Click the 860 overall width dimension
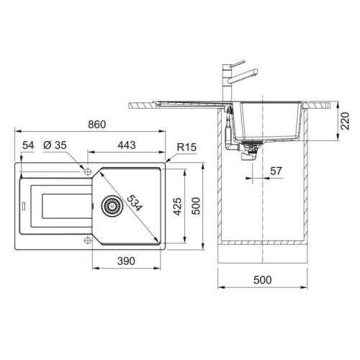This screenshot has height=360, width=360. click(96, 125)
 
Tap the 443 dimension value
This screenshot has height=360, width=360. click(127, 145)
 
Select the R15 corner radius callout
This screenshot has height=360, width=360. click(186, 147)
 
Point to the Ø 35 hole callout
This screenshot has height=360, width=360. click(55, 145)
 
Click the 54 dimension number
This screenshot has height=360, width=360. click(28, 145)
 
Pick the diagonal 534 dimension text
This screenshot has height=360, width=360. click(135, 203)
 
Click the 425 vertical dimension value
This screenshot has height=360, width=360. click(178, 207)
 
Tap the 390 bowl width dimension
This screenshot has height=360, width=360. click(126, 261)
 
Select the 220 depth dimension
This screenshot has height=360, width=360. click(345, 121)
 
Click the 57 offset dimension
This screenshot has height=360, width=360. click(276, 171)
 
